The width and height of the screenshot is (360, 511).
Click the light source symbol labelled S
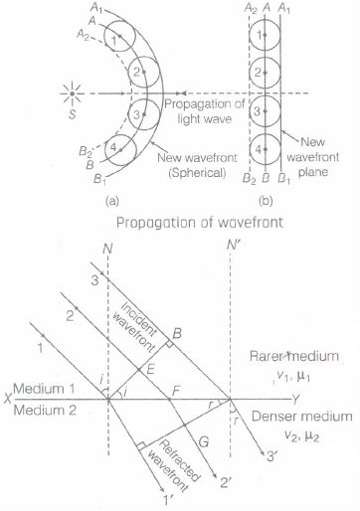72,93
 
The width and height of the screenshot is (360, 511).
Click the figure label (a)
112,201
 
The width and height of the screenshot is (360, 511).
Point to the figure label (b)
266,201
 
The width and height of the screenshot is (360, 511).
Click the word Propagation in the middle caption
149,223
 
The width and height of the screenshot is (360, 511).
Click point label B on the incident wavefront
177,333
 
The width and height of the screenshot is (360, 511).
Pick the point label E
151,369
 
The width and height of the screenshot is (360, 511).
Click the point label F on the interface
176,391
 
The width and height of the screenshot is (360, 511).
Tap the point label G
204,441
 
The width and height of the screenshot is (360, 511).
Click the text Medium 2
45,411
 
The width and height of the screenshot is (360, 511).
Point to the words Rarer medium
294,356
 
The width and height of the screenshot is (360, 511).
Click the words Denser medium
302,417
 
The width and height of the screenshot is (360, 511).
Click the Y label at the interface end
296,400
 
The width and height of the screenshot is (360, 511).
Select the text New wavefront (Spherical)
197,165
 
